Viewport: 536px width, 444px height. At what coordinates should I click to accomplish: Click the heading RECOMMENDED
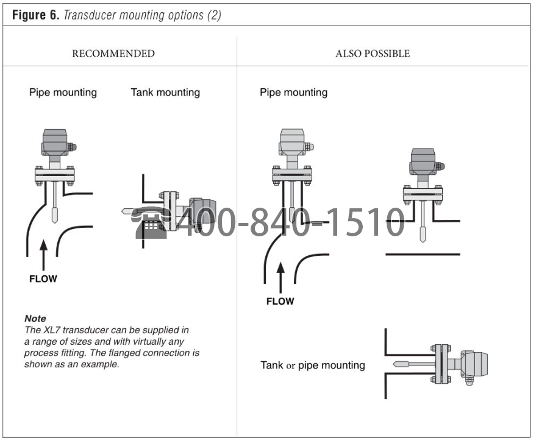pos(113,54)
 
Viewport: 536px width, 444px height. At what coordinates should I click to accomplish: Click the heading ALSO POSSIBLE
pos(373,54)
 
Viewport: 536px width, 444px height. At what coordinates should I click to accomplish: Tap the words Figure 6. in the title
pos(35,15)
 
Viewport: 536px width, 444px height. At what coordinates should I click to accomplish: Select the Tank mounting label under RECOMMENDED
pos(165,93)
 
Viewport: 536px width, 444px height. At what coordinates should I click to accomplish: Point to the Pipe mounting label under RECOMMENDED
pos(63,93)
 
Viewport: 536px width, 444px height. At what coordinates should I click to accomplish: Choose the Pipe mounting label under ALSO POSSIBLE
pos(293,93)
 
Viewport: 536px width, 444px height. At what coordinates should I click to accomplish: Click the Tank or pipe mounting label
pos(313,365)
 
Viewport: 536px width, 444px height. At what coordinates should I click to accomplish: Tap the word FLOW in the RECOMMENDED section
pos(43,279)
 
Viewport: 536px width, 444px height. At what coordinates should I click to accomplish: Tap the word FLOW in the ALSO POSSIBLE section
pos(280,301)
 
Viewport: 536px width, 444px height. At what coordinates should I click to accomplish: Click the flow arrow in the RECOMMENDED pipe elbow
pos(43,256)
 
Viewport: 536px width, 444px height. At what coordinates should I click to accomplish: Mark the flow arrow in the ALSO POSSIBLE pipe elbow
pos(280,277)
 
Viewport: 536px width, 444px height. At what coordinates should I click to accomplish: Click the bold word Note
pos(35,319)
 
